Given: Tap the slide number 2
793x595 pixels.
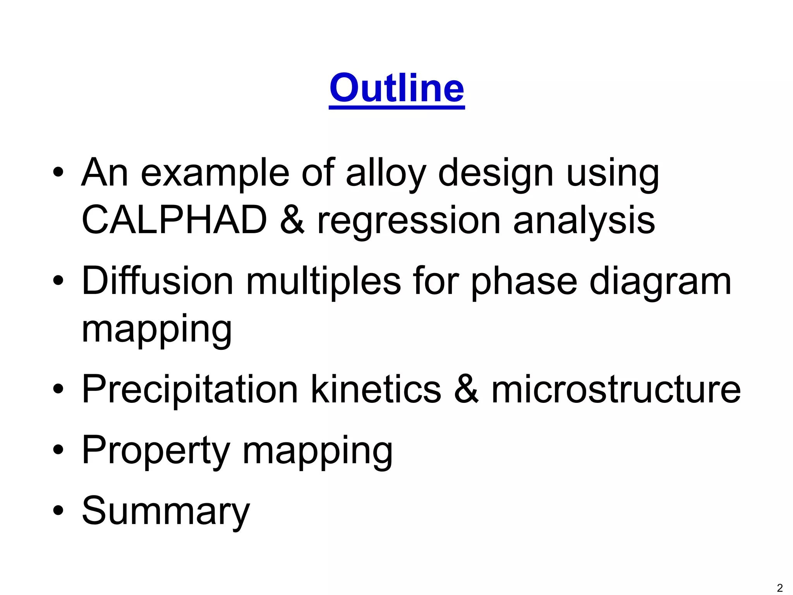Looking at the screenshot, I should click(779, 588).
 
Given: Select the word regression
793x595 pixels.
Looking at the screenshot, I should click(409, 223).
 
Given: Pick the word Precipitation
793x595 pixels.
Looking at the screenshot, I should click(190, 390).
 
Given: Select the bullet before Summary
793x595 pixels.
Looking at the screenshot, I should click(58, 511).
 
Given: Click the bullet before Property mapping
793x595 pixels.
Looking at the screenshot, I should click(58, 450).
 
